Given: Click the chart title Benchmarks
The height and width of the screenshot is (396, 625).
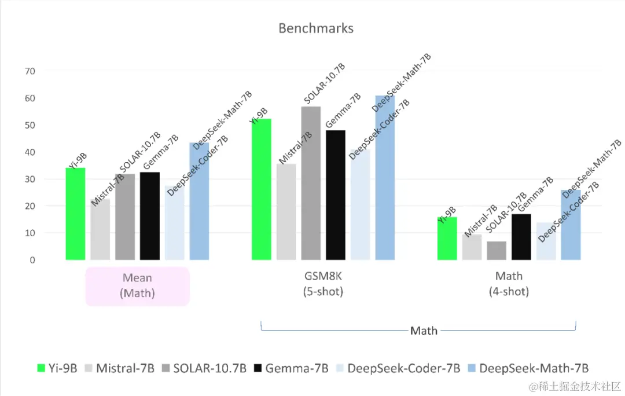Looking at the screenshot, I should pyautogui.click(x=315, y=28).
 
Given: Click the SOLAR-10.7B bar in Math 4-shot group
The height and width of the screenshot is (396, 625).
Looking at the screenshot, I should pyautogui.click(x=497, y=251).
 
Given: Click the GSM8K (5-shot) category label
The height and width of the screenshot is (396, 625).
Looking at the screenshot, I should pyautogui.click(x=323, y=284).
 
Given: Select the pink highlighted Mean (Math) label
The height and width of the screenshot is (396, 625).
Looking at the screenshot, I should pyautogui.click(x=138, y=285).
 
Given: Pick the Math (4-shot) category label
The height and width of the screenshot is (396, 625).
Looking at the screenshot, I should pyautogui.click(x=509, y=284).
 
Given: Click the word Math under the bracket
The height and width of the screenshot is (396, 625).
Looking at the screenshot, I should pyautogui.click(x=424, y=331).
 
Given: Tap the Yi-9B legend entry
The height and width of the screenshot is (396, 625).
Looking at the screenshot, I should pyautogui.click(x=57, y=368).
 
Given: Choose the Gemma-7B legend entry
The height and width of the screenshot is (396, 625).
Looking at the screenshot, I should pyautogui.click(x=292, y=368).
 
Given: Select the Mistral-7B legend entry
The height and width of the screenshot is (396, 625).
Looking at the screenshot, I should pyautogui.click(x=119, y=368).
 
